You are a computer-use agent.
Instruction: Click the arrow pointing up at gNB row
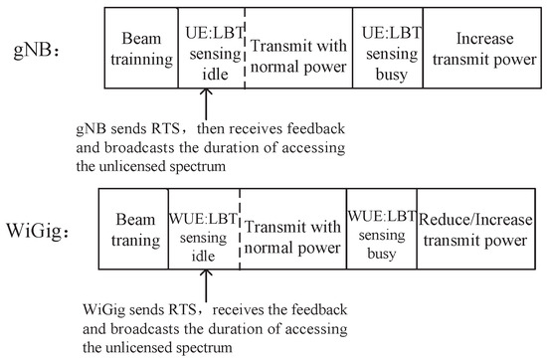[x=205, y=102]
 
